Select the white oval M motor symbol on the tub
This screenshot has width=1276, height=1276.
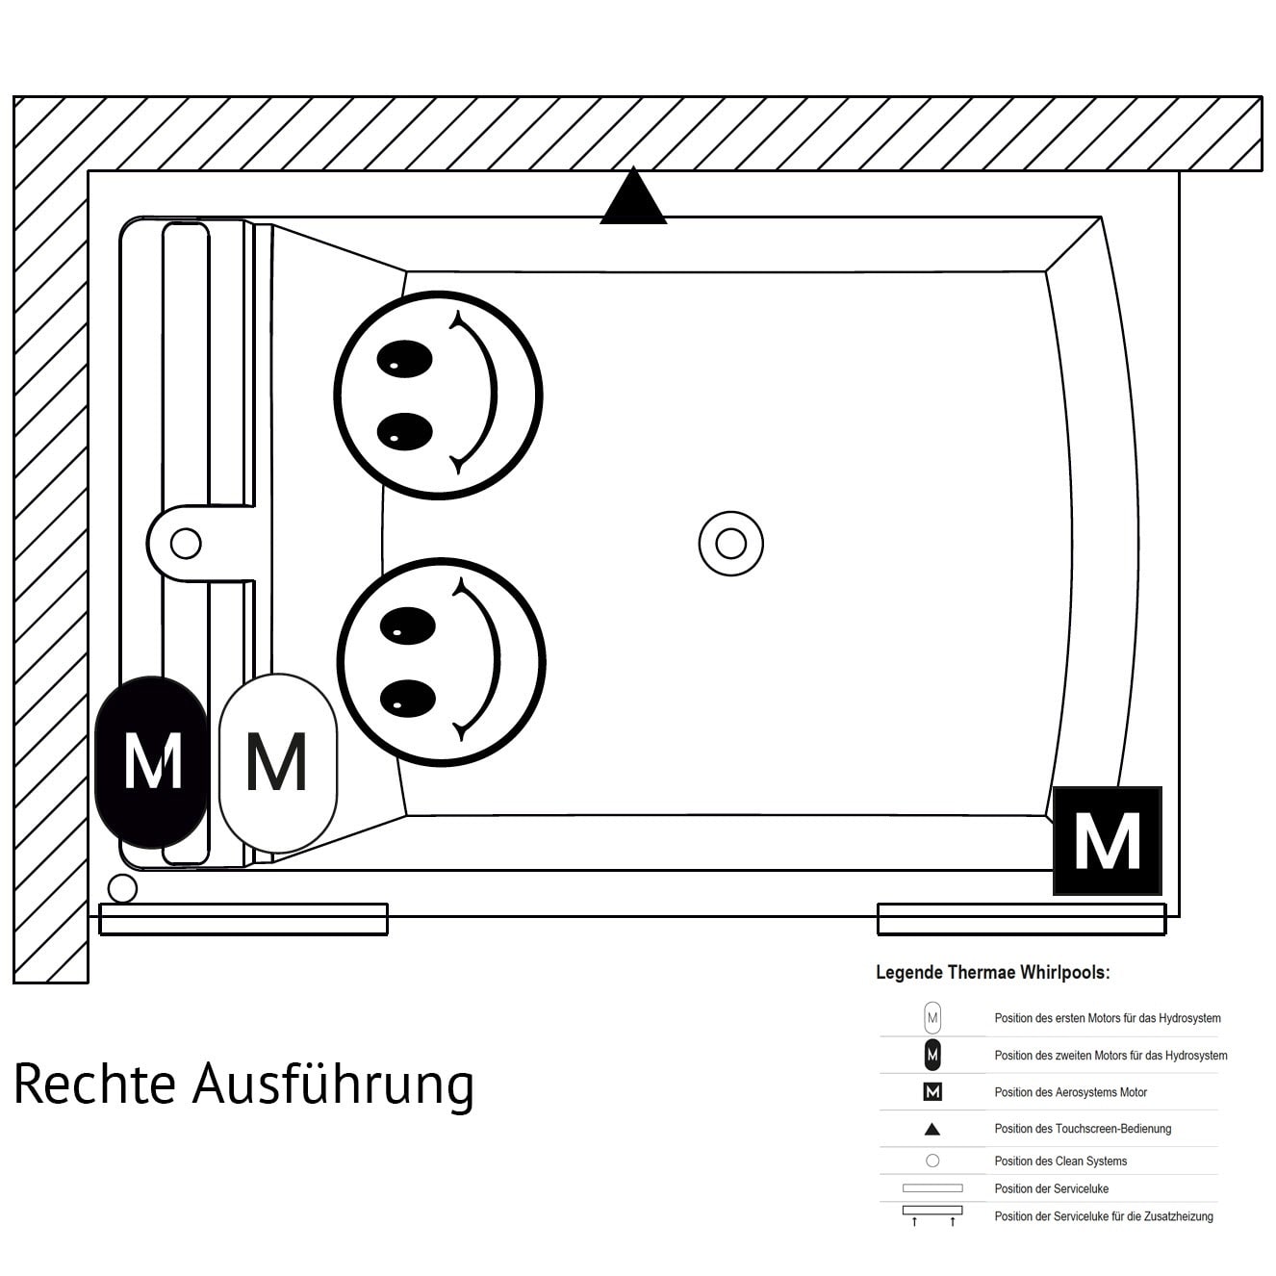tap(277, 762)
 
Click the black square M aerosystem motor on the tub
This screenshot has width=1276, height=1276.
tap(1107, 840)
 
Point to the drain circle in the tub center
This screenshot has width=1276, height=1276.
tap(730, 544)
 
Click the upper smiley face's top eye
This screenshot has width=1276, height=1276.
tap(404, 358)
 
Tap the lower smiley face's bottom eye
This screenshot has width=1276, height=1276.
tap(408, 699)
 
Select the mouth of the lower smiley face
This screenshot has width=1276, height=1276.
tap(487, 660)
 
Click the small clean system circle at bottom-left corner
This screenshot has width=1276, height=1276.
tap(122, 888)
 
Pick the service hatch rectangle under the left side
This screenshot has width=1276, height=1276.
tap(243, 920)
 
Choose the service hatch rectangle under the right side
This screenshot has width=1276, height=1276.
tap(1021, 920)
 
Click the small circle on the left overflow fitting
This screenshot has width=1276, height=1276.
tap(186, 544)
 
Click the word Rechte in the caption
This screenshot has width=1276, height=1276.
tap(94, 1085)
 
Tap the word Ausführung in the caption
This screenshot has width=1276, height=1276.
tap(333, 1085)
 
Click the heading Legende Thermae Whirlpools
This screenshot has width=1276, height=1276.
tap(992, 973)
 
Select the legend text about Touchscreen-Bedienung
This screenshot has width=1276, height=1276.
tap(1083, 1129)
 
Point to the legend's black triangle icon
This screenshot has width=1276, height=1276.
tap(931, 1130)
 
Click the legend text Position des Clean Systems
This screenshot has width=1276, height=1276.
tap(1060, 1161)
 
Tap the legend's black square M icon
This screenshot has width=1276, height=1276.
tap(931, 1092)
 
